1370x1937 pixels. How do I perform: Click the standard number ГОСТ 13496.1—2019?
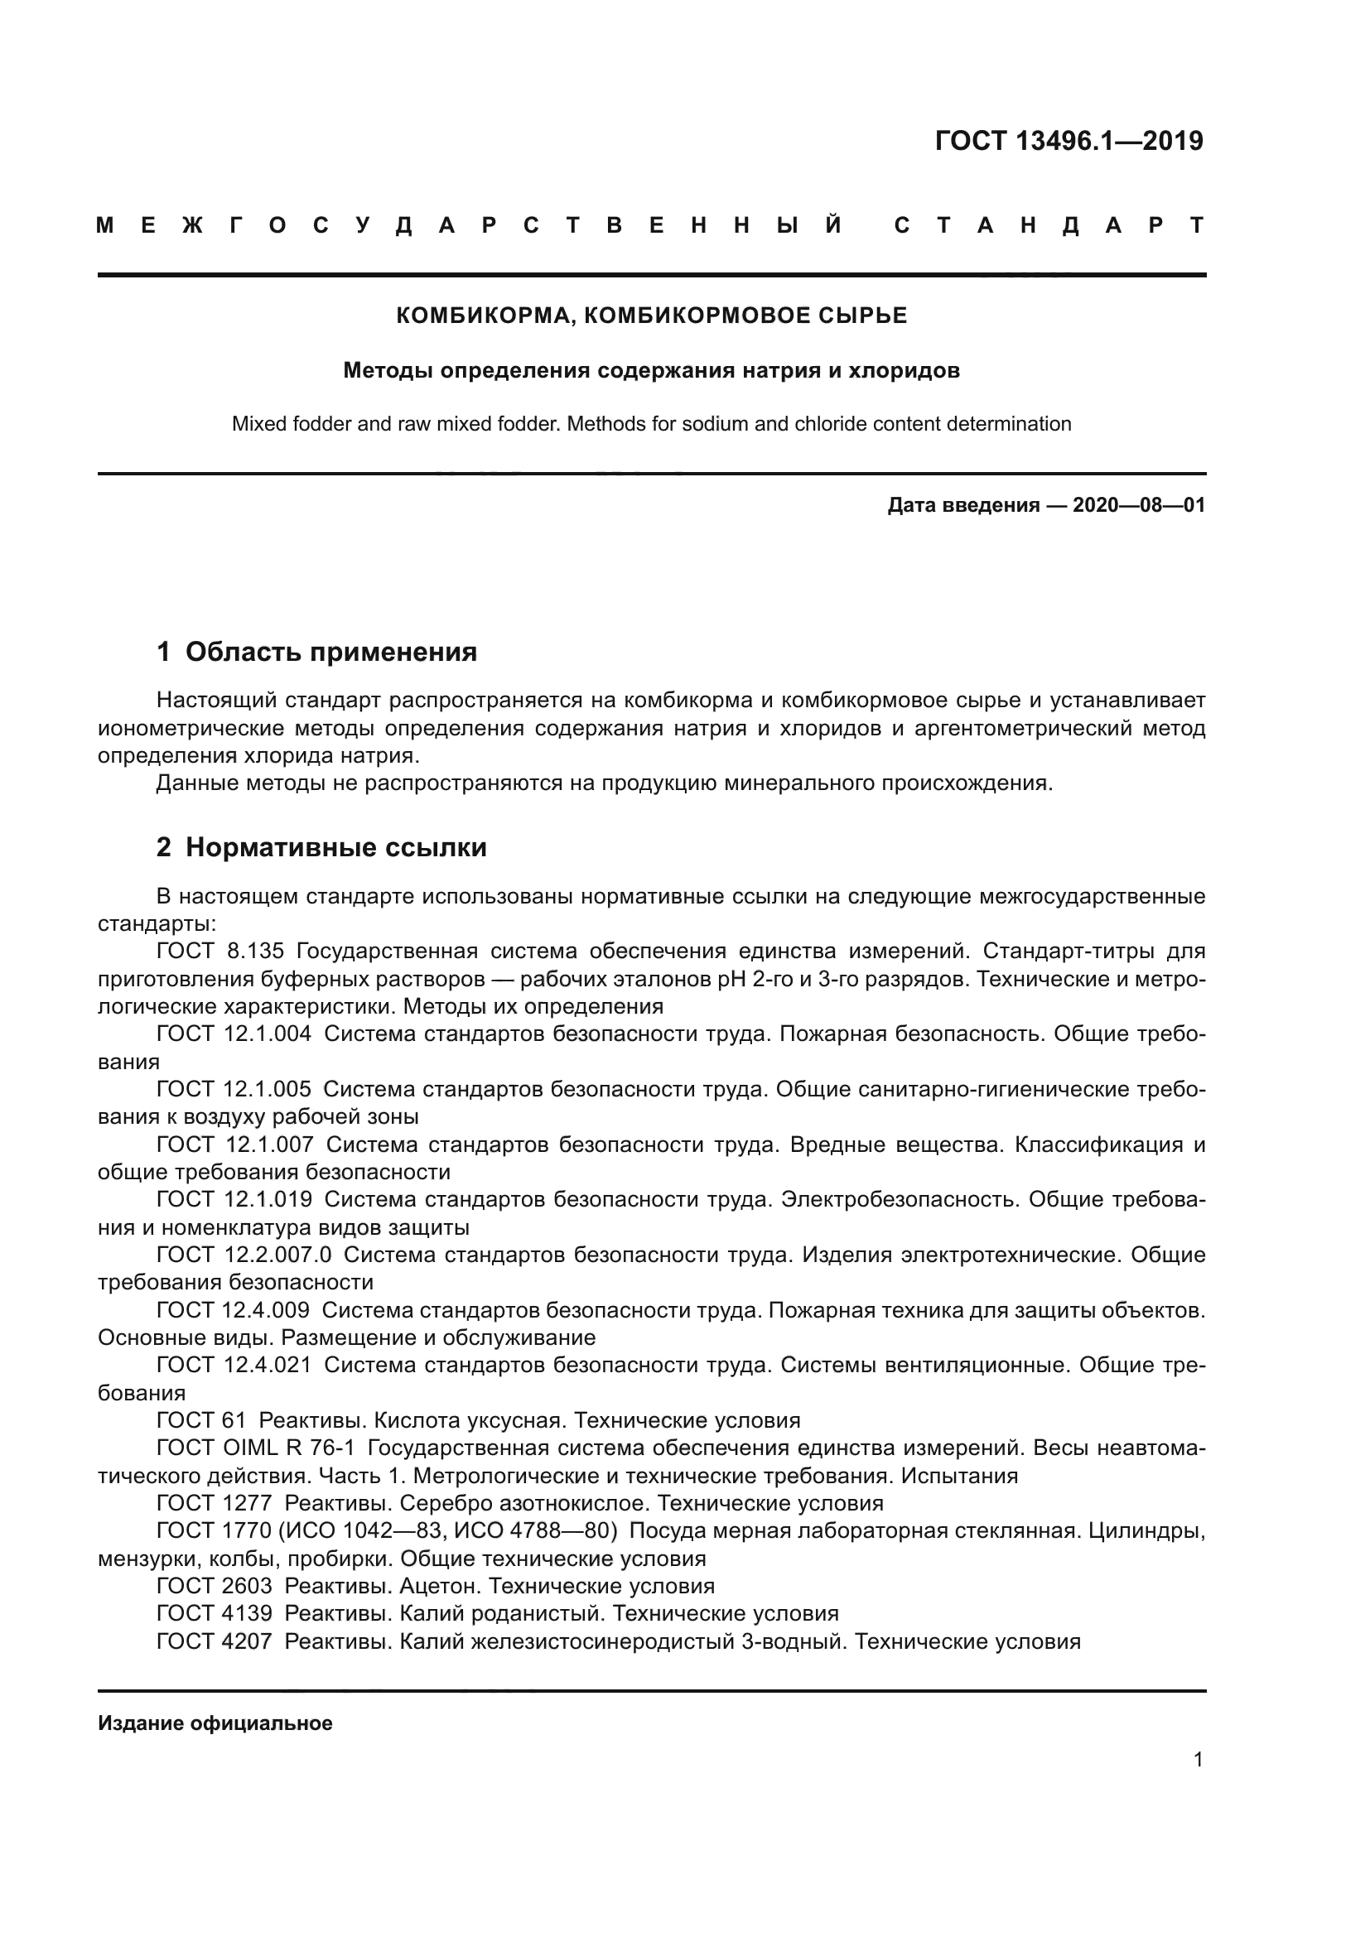tap(1068, 141)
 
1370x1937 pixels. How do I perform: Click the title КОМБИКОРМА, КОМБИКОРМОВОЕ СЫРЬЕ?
tap(651, 316)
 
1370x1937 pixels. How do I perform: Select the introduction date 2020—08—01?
tap(1138, 505)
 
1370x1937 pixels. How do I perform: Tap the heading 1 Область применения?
tap(316, 651)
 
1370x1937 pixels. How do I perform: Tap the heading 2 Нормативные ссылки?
tap(321, 847)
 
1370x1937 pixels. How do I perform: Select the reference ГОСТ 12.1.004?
tap(234, 1034)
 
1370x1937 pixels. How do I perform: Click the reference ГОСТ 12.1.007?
tap(234, 1144)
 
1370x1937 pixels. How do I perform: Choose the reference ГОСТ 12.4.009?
tap(233, 1309)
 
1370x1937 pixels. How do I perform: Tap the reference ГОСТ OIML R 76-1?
tap(256, 1448)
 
